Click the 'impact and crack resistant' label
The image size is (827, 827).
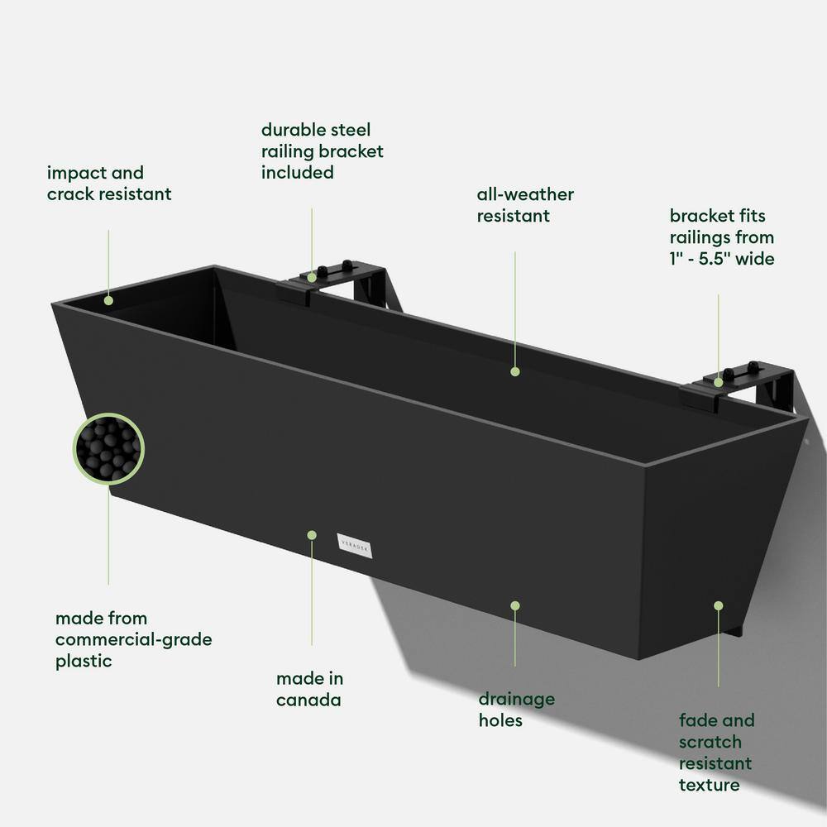(109, 184)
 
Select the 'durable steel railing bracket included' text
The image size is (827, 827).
(323, 151)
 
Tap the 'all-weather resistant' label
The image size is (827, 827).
(525, 205)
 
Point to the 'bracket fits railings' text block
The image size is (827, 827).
(722, 237)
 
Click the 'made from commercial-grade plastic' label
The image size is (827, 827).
(133, 639)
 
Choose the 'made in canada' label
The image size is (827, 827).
(310, 689)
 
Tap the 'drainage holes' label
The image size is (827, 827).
(517, 710)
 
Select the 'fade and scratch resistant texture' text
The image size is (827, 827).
(717, 753)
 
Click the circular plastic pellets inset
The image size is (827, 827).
(108, 450)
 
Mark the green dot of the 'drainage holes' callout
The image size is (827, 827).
(515, 605)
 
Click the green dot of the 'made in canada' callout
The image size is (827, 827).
(312, 535)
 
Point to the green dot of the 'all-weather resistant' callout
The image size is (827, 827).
(515, 371)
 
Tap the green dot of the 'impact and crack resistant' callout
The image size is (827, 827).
(108, 301)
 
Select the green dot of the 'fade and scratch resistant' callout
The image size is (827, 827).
(718, 605)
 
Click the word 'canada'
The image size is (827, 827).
(308, 700)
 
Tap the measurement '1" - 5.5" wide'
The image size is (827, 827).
(722, 259)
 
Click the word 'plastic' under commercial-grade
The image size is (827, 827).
(84, 661)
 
